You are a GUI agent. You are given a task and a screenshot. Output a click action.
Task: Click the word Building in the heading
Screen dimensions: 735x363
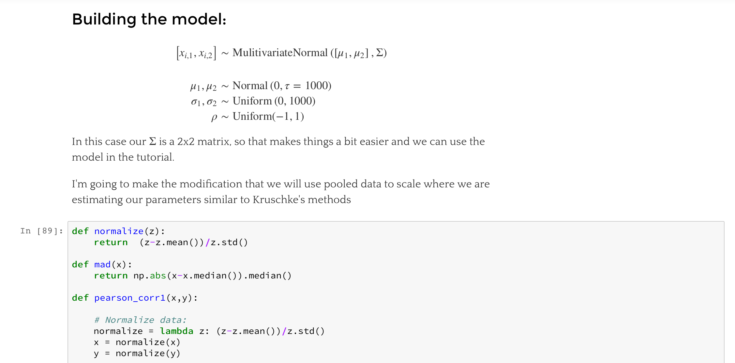click(x=104, y=19)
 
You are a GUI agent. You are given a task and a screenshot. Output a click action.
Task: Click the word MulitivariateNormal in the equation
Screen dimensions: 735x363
click(x=280, y=53)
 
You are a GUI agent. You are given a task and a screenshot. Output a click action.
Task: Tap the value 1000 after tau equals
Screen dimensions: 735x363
click(x=318, y=86)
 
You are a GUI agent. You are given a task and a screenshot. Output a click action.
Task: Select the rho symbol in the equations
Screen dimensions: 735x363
click(x=214, y=117)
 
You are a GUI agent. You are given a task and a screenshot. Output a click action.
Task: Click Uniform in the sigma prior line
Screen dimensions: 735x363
click(x=252, y=101)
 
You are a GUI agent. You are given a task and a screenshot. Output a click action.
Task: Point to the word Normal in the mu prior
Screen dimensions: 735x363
click(x=250, y=86)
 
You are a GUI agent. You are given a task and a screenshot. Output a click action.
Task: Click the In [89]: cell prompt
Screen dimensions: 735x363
click(x=41, y=231)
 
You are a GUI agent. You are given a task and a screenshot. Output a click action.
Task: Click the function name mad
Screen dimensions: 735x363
click(x=102, y=264)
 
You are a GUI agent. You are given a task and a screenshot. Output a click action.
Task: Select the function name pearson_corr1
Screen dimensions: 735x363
click(x=130, y=298)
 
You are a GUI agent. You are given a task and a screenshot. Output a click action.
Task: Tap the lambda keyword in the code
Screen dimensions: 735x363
click(x=176, y=331)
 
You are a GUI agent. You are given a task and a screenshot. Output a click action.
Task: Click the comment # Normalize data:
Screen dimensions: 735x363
click(x=140, y=320)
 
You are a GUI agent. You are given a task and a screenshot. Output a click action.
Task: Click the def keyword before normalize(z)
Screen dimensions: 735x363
click(x=80, y=231)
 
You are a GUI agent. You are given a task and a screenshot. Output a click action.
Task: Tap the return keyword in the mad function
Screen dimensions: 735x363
click(x=111, y=276)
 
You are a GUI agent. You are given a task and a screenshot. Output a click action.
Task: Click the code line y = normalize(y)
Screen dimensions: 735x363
click(x=137, y=353)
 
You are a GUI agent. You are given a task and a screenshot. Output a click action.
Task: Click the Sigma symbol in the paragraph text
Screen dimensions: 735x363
click(x=152, y=141)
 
